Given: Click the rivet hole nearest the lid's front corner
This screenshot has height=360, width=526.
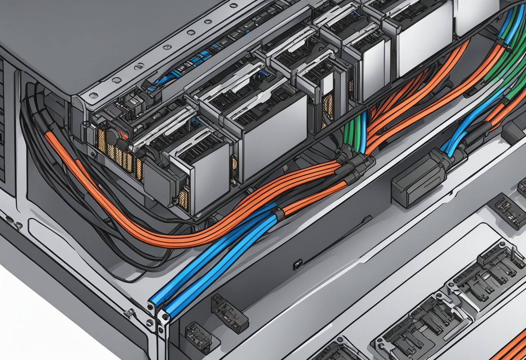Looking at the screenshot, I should pos(93,95).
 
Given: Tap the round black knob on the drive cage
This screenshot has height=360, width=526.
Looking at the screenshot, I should pos(113,137).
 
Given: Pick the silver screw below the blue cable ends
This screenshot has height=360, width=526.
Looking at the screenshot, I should pos(149,322).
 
